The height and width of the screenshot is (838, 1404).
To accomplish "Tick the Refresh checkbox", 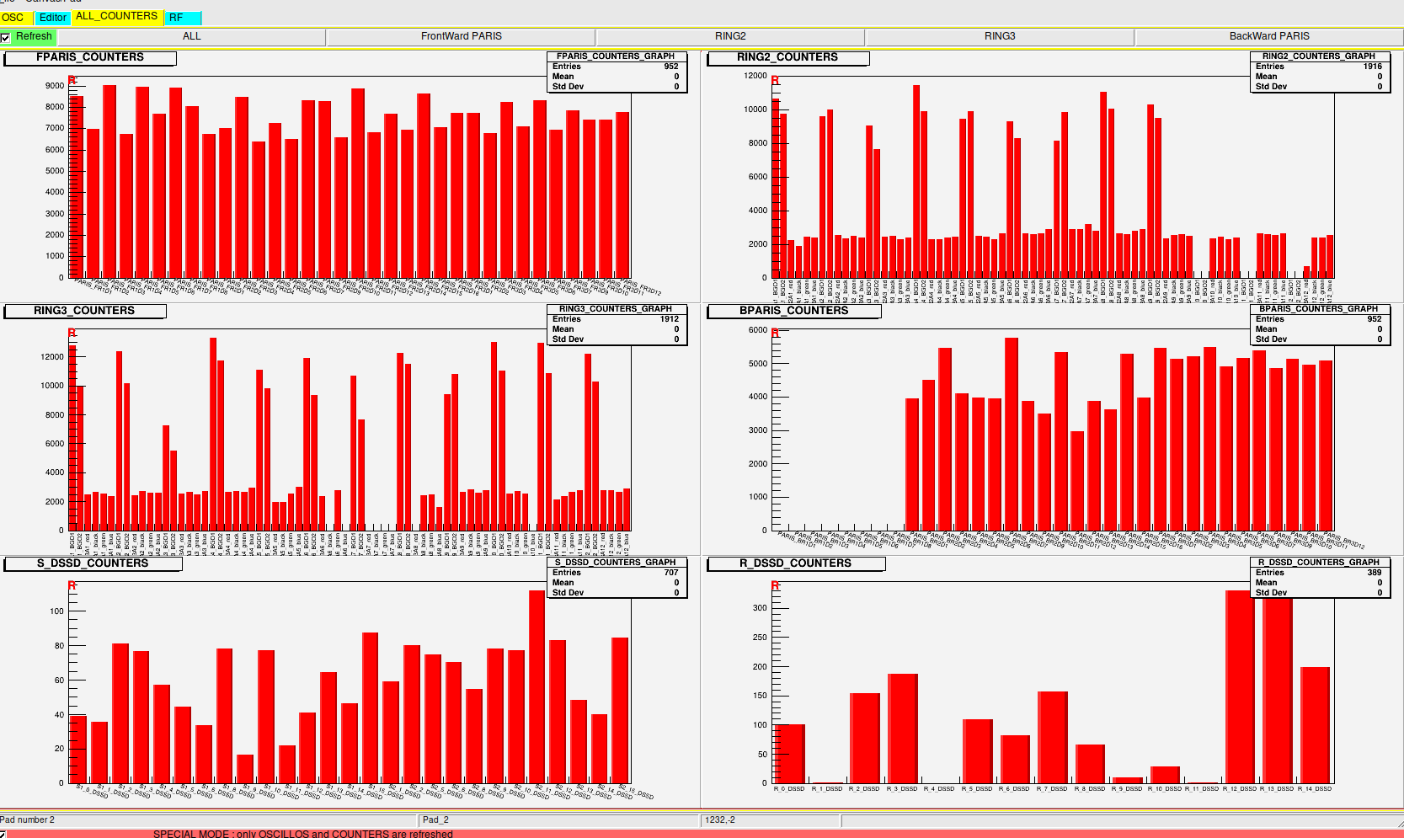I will point(6,37).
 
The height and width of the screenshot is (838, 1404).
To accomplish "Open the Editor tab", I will point(52,18).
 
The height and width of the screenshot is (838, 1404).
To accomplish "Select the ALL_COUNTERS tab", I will point(116,16).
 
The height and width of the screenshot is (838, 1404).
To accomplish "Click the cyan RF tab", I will point(176,18).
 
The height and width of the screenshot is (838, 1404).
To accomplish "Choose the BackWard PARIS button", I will point(1268,36).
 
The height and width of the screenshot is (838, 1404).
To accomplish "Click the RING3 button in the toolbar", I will point(999,36).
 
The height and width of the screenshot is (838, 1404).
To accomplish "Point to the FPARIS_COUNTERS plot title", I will point(90,57).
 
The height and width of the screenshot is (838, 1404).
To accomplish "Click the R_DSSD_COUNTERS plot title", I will point(795,563).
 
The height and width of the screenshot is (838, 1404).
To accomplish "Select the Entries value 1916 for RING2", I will point(1373,67).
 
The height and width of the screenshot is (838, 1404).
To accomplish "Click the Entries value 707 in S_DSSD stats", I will point(670,573).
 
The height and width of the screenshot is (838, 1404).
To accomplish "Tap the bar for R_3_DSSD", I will point(902,729).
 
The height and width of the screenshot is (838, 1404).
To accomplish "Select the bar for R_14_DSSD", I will point(1315,724).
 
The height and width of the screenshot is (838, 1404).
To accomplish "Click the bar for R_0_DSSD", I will point(789,753).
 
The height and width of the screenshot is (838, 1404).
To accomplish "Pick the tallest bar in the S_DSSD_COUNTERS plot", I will point(537,686).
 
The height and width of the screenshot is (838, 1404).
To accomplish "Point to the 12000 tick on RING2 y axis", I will point(755,76).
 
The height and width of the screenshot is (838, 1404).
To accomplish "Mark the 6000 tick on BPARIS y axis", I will point(757,330).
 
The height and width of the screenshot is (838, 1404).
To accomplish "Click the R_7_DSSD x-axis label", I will point(1052,789).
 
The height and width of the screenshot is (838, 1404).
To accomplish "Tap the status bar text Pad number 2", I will point(28,819).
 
